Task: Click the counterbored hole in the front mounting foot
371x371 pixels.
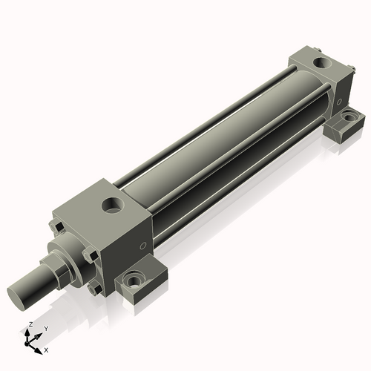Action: pos(136,281)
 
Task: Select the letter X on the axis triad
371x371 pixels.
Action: pos(46,348)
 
